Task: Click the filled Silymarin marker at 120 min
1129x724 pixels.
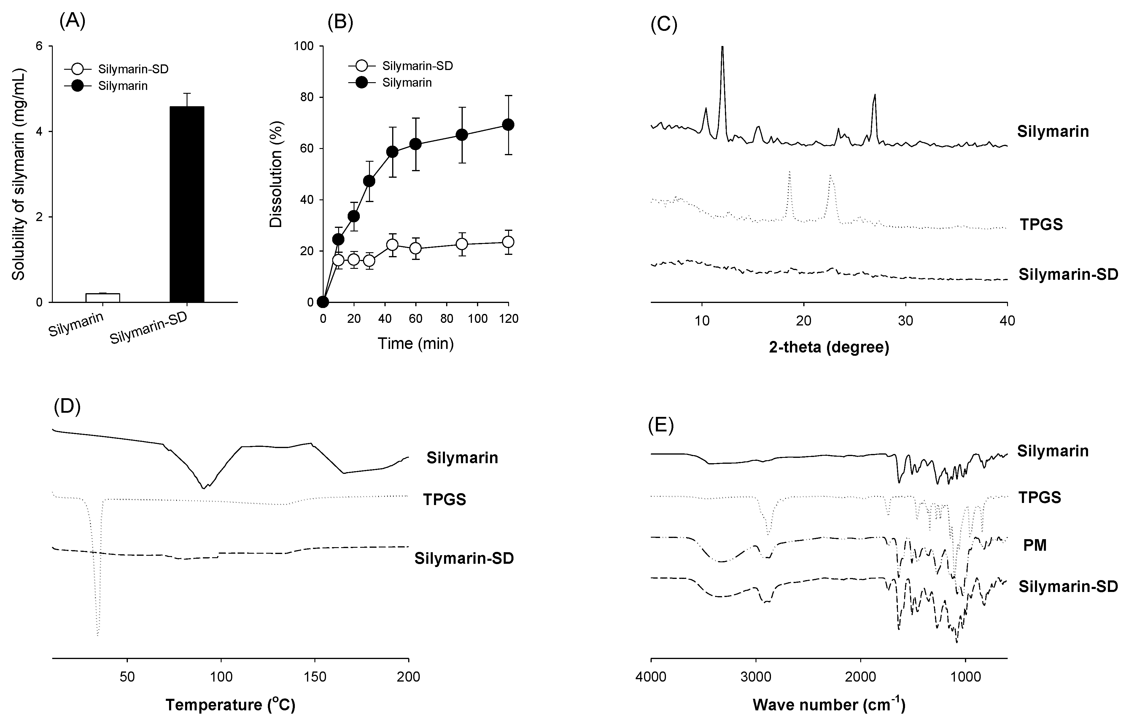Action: point(508,125)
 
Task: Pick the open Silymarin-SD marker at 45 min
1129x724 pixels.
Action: point(392,245)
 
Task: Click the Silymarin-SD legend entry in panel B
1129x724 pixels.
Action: point(402,66)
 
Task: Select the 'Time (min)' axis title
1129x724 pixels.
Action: point(416,344)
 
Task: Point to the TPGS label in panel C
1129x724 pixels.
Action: point(1041,224)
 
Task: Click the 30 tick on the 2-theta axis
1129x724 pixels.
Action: point(905,321)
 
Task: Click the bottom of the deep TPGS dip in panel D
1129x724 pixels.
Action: point(97,635)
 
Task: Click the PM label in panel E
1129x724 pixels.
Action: point(1035,546)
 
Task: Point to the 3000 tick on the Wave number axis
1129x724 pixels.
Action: point(756,677)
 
